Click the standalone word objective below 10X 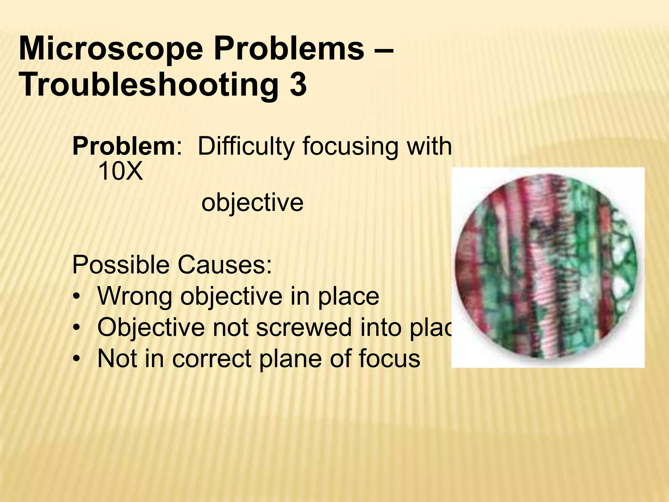click(x=252, y=203)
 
